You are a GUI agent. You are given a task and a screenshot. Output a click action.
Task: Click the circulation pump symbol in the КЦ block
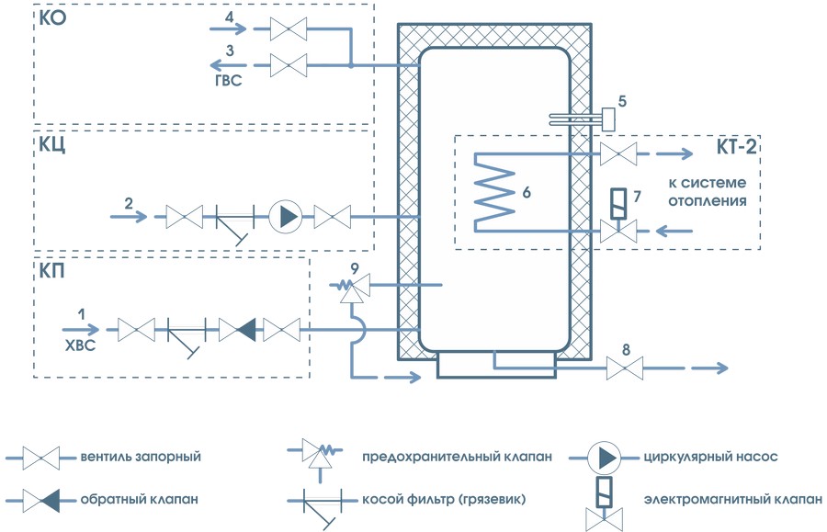(x=286, y=218)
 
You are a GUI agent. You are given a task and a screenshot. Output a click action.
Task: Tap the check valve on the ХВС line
(x=238, y=328)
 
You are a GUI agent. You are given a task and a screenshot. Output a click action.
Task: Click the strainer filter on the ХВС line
(x=184, y=331)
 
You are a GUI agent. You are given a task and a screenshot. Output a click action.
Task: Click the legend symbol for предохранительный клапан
(x=321, y=453)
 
